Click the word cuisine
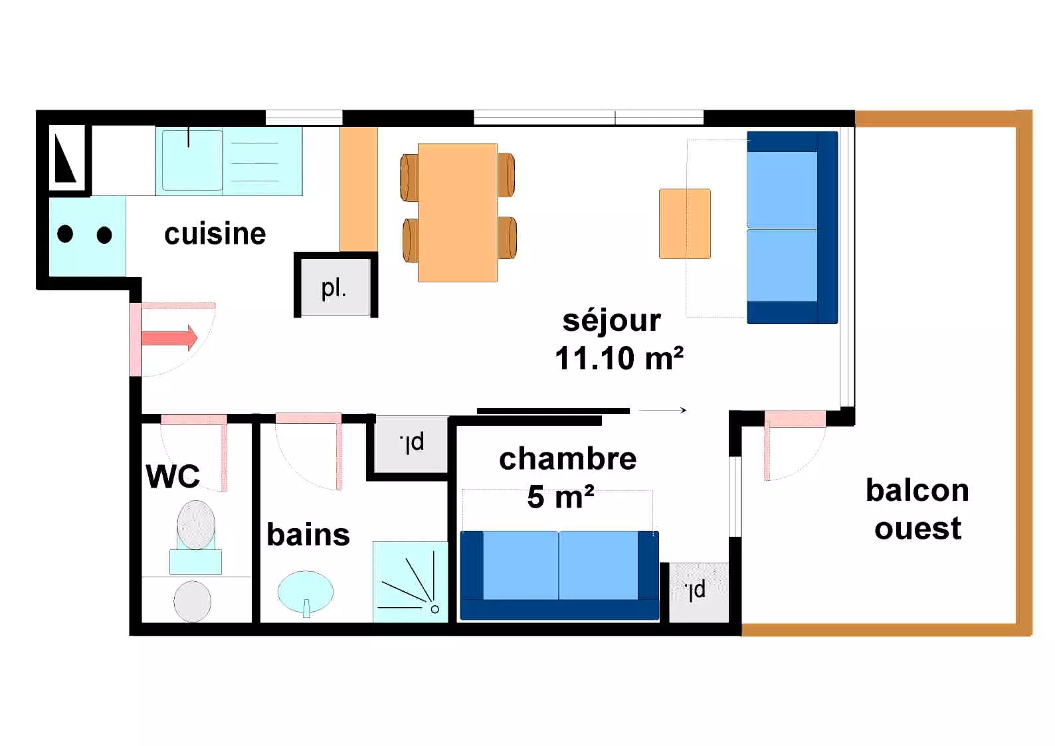point(215,234)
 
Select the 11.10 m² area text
point(619,359)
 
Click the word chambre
point(567,459)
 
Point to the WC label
point(173,476)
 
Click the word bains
point(308,535)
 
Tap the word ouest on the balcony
point(918,528)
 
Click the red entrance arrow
point(169,337)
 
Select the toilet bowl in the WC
point(196,525)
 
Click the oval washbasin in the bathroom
point(306,592)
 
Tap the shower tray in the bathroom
point(410,582)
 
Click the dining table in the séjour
point(458,213)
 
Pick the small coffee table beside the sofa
point(685,224)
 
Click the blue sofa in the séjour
point(792,227)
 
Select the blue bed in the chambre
point(559,575)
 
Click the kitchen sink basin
point(192,161)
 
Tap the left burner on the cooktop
point(65,234)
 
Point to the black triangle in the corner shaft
point(64,158)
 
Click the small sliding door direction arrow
point(662,411)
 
